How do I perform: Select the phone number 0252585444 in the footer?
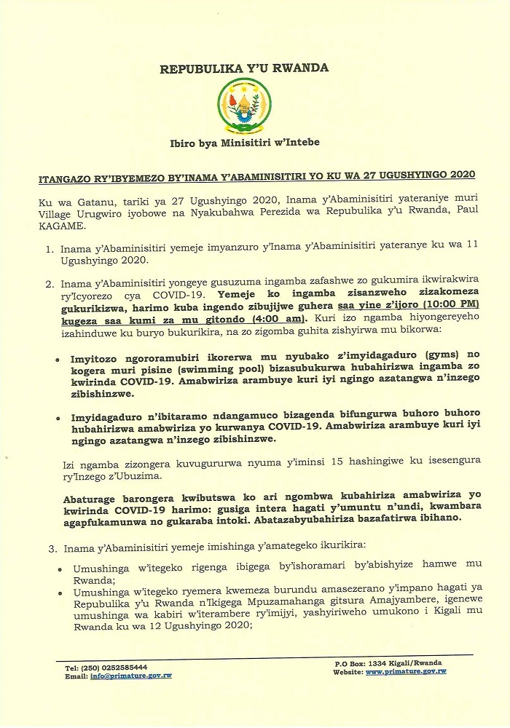(x=119, y=668)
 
